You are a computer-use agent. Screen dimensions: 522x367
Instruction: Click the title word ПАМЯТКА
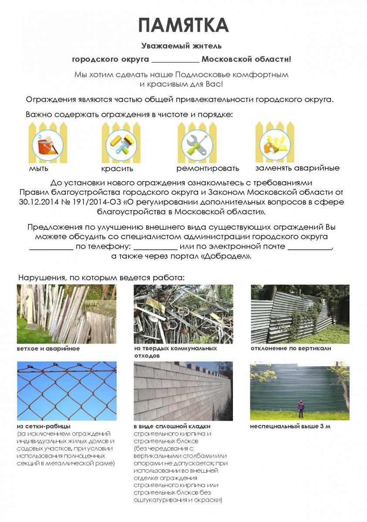click(183, 25)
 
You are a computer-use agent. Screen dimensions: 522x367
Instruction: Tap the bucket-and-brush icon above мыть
click(47, 144)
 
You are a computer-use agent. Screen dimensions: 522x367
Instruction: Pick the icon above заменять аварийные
click(275, 143)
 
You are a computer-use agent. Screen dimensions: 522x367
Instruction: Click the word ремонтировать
click(208, 168)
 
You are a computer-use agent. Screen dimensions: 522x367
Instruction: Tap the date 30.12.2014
click(38, 202)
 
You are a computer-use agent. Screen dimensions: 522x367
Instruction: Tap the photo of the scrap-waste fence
click(183, 314)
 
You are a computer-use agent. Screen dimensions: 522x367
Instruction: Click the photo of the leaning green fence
click(300, 314)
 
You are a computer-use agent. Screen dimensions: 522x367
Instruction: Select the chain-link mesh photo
click(67, 391)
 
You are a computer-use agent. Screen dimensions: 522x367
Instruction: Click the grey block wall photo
click(183, 391)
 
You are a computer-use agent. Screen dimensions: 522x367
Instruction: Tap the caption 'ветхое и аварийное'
click(48, 348)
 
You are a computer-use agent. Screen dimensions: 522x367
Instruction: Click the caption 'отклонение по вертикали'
click(291, 348)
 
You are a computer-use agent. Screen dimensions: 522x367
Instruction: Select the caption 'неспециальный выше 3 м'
click(290, 426)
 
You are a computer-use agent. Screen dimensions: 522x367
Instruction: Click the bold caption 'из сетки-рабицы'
click(44, 426)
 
